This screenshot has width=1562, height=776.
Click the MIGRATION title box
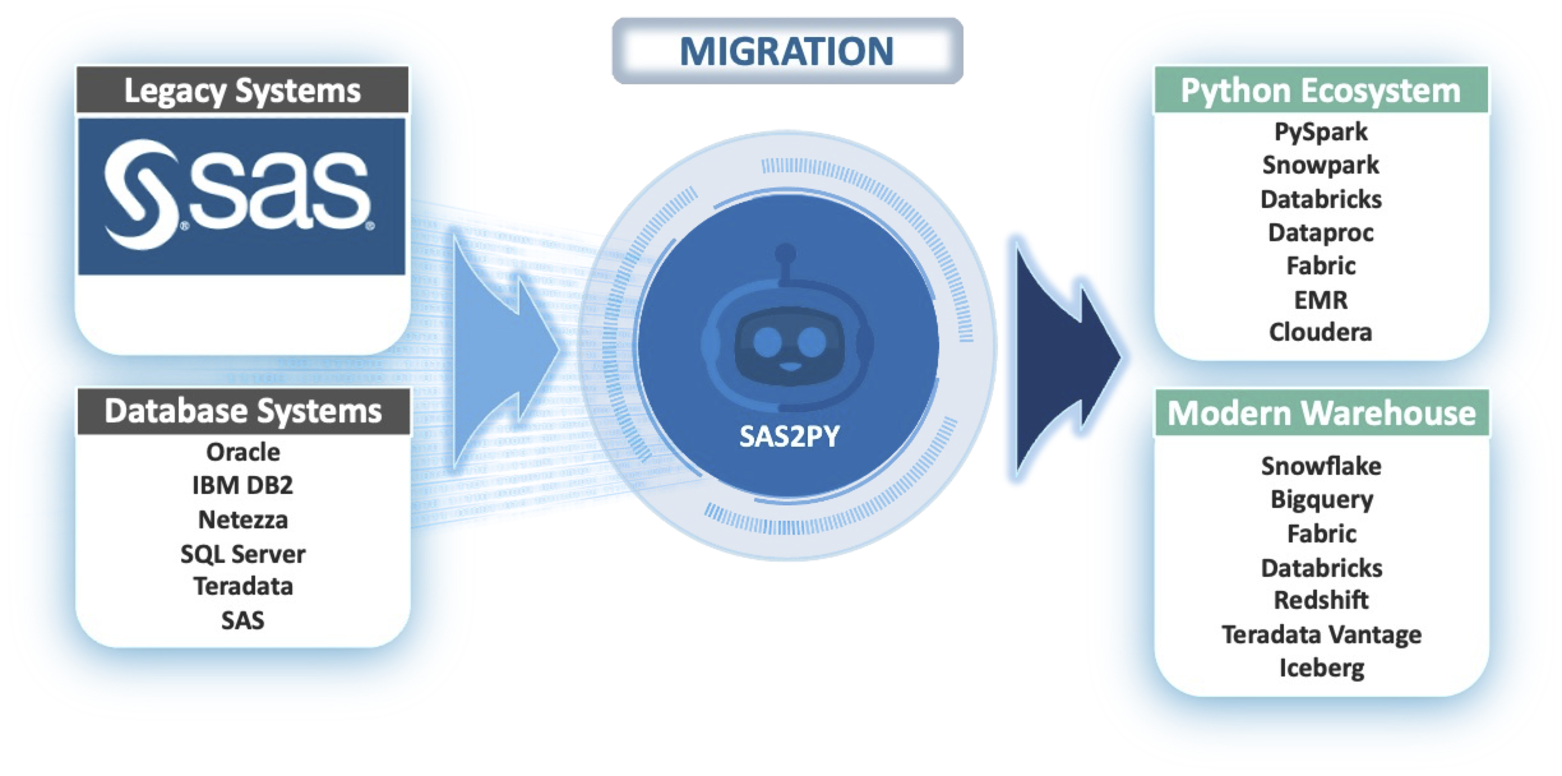pyautogui.click(x=787, y=51)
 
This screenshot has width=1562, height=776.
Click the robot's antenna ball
pyautogui.click(x=786, y=252)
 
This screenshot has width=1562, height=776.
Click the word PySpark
pyautogui.click(x=1321, y=132)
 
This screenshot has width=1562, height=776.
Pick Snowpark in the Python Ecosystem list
pyautogui.click(x=1321, y=165)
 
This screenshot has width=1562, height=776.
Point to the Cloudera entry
pyautogui.click(x=1321, y=332)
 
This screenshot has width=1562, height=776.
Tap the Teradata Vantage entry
pyautogui.click(x=1322, y=635)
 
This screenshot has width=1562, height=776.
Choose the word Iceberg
pyautogui.click(x=1322, y=668)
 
